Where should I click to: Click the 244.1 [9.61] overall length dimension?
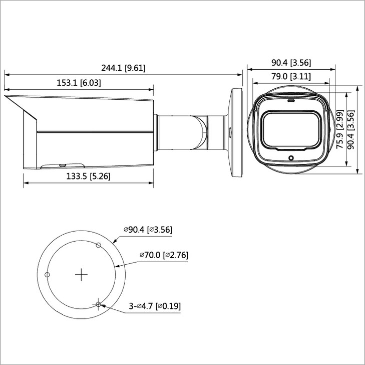click(x=124, y=68)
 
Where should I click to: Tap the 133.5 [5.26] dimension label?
click(x=88, y=176)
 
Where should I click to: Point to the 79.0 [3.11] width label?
click(x=291, y=76)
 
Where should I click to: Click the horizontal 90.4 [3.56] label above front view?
click(x=291, y=63)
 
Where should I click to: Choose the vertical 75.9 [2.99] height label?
click(x=339, y=130)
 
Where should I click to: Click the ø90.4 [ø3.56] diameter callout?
click(x=148, y=230)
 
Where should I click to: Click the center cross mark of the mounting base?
click(x=81, y=274)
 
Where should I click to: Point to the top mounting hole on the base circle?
click(x=99, y=245)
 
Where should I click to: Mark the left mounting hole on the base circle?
click(x=48, y=274)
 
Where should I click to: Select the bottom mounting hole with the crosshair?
click(x=99, y=304)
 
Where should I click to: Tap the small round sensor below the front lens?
click(x=291, y=158)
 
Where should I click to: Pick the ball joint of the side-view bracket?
click(x=200, y=131)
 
